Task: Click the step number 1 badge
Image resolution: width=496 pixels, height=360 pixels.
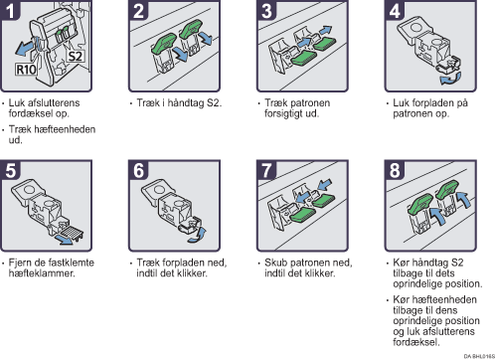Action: tap(10, 10)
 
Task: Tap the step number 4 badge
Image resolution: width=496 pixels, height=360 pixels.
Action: tap(395, 10)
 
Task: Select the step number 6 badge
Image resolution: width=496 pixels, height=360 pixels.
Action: tap(138, 170)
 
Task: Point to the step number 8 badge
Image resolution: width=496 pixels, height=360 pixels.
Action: tap(395, 170)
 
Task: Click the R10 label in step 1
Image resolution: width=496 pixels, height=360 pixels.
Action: tap(26, 70)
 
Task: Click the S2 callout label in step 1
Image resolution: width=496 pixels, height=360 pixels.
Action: tap(76, 56)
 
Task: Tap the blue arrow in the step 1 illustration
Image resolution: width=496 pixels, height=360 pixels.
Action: tap(25, 48)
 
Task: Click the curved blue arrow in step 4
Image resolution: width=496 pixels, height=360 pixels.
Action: tap(450, 79)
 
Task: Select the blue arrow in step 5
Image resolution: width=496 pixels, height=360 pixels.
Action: tap(64, 240)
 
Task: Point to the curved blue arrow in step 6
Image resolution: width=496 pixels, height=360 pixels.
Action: tap(198, 235)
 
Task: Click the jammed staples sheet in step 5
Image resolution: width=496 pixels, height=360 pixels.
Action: tap(72, 231)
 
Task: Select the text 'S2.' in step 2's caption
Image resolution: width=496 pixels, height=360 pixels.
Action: tap(214, 102)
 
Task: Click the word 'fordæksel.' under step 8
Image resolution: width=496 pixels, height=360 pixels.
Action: tap(416, 342)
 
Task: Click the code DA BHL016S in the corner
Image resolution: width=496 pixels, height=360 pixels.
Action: tap(479, 356)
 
